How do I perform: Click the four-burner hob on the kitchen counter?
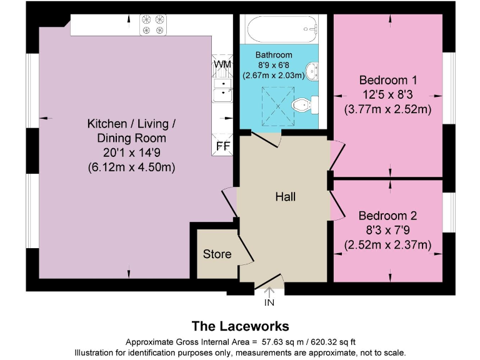tap(153, 24)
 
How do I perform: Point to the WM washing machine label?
tap(222, 64)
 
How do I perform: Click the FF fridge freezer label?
tap(222, 146)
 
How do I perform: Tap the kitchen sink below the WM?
tap(222, 89)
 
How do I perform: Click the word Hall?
tap(285, 197)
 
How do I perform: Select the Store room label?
tap(217, 254)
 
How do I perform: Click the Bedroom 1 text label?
tap(388, 81)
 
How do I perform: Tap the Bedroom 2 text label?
tap(387, 216)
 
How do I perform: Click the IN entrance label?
tap(269, 303)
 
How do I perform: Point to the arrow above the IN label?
tap(269, 291)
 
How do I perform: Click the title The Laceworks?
tap(240, 326)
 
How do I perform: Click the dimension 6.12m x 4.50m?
tap(131, 167)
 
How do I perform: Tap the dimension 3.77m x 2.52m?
tap(388, 109)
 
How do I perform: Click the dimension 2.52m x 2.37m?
tap(388, 244)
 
